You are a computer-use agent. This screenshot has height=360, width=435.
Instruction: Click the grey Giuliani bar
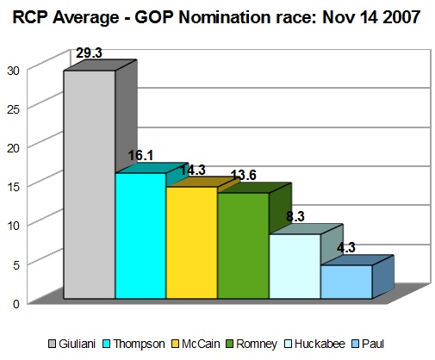tap(90, 184)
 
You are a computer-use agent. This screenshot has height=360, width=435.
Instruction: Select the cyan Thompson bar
tap(140, 236)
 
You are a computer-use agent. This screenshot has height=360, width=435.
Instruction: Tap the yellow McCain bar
tap(192, 243)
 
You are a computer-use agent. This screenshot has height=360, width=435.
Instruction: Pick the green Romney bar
tap(243, 245)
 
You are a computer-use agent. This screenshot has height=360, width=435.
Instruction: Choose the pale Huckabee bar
tap(295, 266)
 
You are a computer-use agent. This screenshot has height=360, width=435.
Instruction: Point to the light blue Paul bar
tap(346, 282)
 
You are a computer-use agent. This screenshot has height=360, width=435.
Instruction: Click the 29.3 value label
tap(89, 53)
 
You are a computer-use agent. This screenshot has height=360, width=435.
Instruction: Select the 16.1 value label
tap(140, 156)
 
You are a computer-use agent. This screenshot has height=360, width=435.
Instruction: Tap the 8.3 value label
tap(295, 216)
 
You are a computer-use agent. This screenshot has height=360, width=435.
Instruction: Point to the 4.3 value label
tap(346, 247)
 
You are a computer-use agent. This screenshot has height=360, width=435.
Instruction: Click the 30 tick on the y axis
tap(13, 71)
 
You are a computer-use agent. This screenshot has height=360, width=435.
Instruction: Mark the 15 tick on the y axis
tap(13, 187)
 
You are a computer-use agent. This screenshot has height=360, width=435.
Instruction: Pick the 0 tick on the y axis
tap(16, 304)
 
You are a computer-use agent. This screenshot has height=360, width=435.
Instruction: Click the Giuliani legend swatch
tap(52, 344)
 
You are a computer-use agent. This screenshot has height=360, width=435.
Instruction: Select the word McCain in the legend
tap(201, 344)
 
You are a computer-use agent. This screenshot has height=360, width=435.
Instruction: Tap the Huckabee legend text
tap(320, 344)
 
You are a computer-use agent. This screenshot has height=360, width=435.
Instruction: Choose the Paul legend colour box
tap(355, 344)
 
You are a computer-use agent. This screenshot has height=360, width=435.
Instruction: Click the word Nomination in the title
tap(224, 17)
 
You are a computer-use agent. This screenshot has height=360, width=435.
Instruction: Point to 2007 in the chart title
tap(401, 17)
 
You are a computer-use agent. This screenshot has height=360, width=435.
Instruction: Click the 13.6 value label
tap(244, 175)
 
